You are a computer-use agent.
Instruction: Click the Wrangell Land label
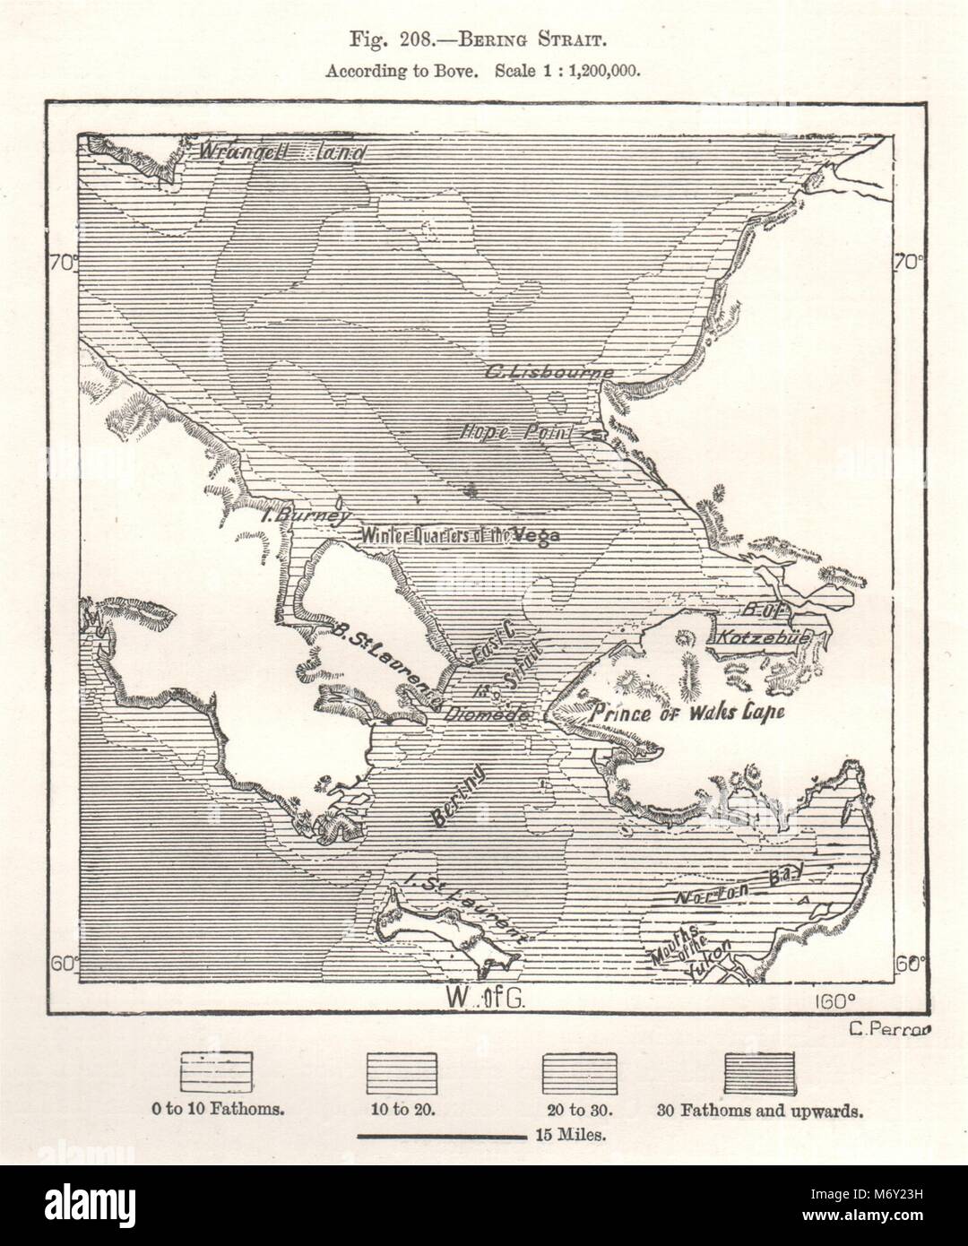tap(282, 151)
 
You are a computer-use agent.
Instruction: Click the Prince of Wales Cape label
tap(688, 713)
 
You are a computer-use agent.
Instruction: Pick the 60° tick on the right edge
tap(910, 964)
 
